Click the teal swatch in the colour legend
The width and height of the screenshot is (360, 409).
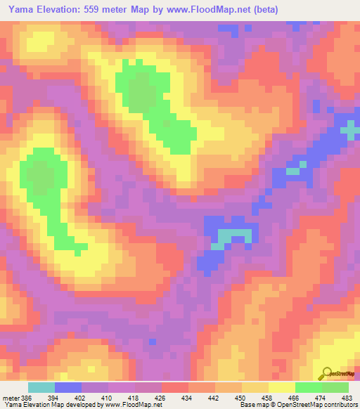pyautogui.click(x=41, y=387)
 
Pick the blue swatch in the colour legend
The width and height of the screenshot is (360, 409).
pyautogui.click(x=68, y=387)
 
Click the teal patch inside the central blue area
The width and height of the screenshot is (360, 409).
pyautogui.click(x=232, y=237)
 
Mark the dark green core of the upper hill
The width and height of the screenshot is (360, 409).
pyautogui.click(x=143, y=95)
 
